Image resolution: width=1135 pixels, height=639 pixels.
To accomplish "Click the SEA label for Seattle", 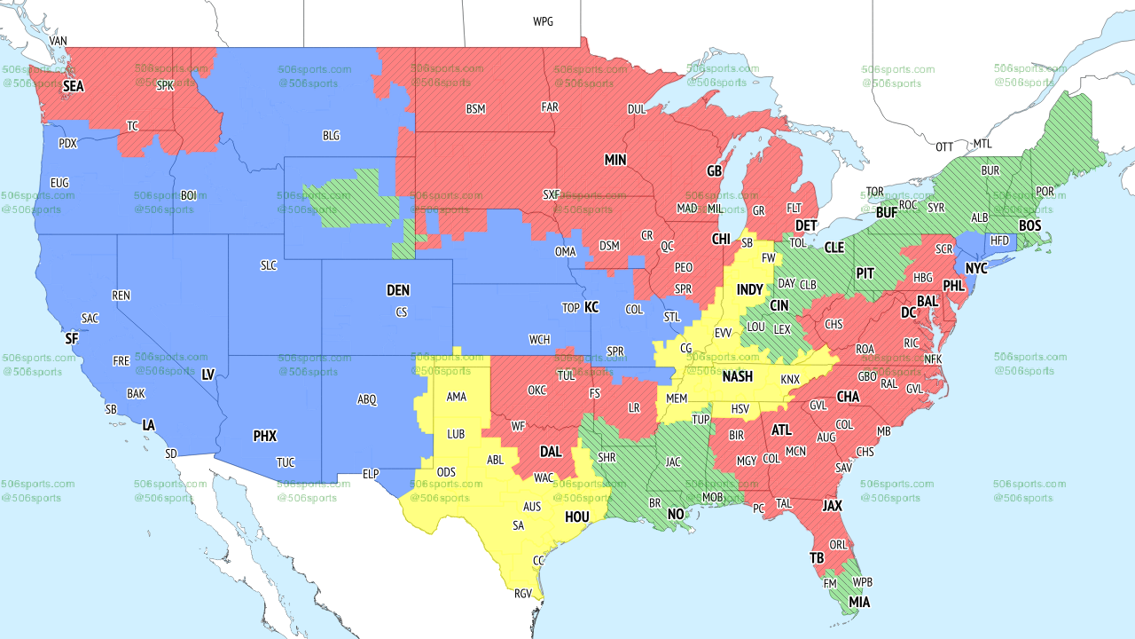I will (x=73, y=86).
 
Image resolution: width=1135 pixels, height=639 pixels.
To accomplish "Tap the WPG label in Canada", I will (x=543, y=21).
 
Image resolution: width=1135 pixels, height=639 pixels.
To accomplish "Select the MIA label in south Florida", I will (x=858, y=603).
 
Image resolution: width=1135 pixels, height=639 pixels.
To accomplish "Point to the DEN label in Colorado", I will (x=398, y=290).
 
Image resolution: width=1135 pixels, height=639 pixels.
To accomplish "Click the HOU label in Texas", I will (x=576, y=516).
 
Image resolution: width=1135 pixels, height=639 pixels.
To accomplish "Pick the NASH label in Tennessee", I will (x=737, y=376).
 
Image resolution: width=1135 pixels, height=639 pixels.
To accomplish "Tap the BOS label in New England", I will (x=1029, y=226).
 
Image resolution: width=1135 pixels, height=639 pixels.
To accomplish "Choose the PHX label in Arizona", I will (x=264, y=436).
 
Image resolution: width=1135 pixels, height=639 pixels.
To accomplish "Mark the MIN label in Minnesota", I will (x=615, y=160).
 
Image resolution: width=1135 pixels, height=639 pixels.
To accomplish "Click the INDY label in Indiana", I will (x=749, y=290).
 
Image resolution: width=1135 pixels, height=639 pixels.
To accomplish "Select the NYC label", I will (x=976, y=268).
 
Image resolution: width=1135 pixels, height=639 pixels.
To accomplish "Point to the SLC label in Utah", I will (x=269, y=265).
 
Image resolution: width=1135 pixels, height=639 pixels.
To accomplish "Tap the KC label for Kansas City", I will (x=591, y=307).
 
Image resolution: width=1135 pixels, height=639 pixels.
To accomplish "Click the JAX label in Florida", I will (x=832, y=506).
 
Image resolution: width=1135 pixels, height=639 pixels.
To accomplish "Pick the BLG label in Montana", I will (x=331, y=136).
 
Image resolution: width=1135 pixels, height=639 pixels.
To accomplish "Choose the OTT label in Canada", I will (x=944, y=146).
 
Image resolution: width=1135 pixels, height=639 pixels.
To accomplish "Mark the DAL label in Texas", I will (x=551, y=451).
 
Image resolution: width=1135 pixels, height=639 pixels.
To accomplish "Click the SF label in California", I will (x=72, y=338).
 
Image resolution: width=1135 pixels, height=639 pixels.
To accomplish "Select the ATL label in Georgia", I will (x=781, y=430).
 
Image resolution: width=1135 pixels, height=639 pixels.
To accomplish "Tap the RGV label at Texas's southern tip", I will (x=523, y=594).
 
